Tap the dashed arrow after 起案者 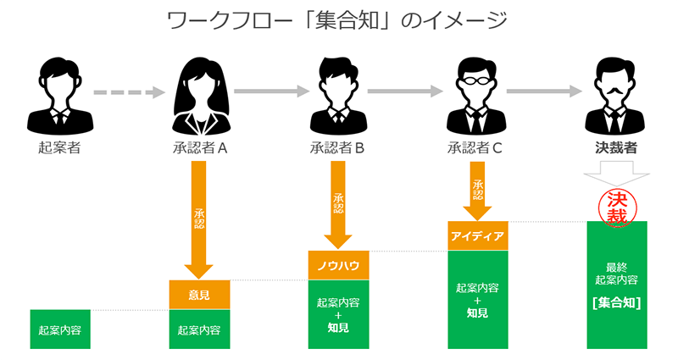click(x=129, y=91)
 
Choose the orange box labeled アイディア click(x=477, y=235)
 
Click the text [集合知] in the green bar click(x=617, y=302)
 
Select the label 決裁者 click(x=616, y=148)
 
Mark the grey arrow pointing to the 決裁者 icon click(x=546, y=91)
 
